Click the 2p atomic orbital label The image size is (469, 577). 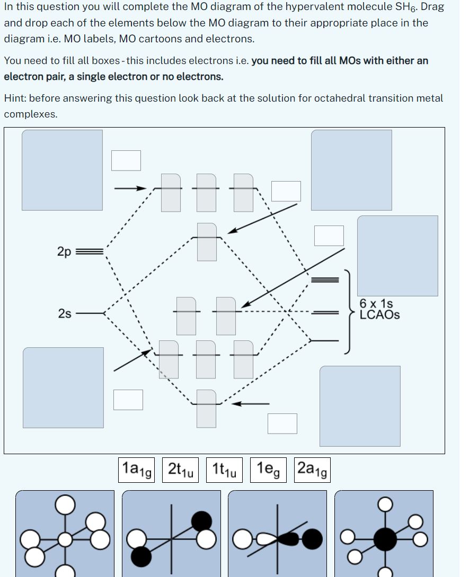coord(63,251)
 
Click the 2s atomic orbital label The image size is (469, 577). coord(64,314)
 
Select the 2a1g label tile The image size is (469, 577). coord(311,470)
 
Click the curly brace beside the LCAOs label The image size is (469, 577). coord(348,309)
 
